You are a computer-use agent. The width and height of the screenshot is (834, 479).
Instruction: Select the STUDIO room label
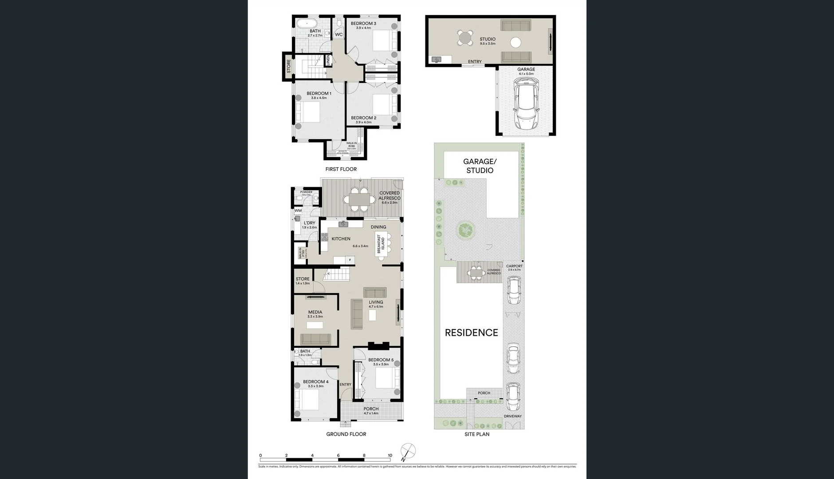(x=487, y=39)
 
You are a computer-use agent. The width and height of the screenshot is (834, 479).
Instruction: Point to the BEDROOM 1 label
(x=319, y=94)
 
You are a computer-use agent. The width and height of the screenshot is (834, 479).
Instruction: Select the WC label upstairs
(x=338, y=35)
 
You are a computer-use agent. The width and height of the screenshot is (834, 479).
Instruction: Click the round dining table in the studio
(x=465, y=37)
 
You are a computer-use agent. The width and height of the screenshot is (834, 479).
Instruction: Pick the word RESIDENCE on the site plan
(x=471, y=333)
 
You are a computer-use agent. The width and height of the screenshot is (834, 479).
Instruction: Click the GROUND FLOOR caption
(x=346, y=434)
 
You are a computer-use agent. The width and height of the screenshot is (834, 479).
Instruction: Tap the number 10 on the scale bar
(x=390, y=455)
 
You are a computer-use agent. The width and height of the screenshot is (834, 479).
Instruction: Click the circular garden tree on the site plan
(x=465, y=230)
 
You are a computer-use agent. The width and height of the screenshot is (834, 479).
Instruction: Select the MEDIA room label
(x=315, y=312)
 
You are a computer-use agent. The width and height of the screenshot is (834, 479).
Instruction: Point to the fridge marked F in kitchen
(x=350, y=259)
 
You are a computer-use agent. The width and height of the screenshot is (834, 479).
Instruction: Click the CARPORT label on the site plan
(x=514, y=266)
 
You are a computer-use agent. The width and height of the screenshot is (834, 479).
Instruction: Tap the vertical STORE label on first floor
(x=288, y=67)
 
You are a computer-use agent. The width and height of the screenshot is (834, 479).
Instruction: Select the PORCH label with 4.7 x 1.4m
(x=371, y=409)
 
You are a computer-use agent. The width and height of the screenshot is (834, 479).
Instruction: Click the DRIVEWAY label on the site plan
(x=512, y=416)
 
